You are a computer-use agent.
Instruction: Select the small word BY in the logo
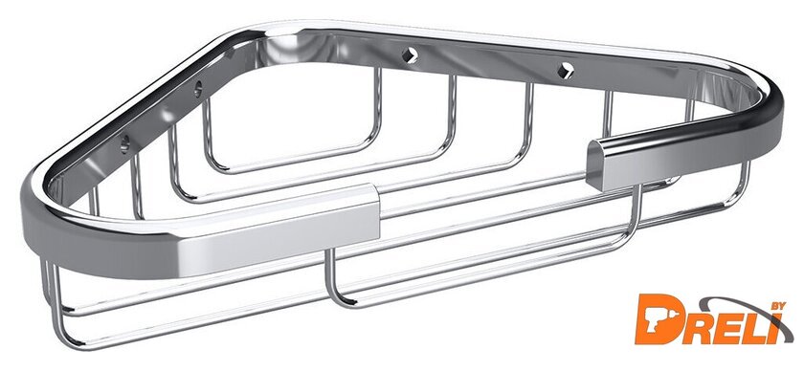coord(776,307)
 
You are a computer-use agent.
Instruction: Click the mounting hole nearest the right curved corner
coord(565,70)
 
